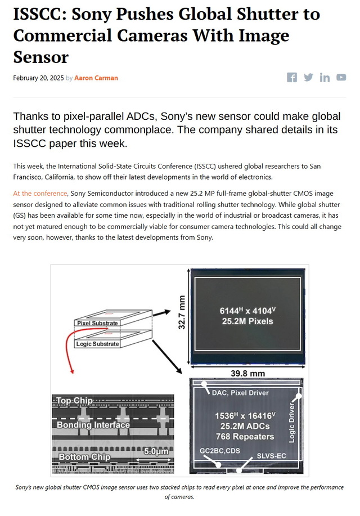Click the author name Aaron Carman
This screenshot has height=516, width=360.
tap(96, 78)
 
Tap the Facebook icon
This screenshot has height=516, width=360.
tap(292, 77)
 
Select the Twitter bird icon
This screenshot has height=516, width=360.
tap(308, 77)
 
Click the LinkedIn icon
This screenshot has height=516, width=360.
tap(325, 77)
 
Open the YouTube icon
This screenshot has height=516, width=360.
tap(341, 77)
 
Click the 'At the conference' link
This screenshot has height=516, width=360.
tap(40, 194)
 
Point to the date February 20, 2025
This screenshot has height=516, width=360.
tap(38, 78)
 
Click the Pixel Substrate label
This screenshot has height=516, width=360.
tap(97, 323)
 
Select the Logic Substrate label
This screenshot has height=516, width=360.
tap(97, 344)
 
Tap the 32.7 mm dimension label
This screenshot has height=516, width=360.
tap(182, 312)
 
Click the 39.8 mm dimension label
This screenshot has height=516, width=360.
tap(248, 374)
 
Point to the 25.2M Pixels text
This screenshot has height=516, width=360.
tap(247, 321)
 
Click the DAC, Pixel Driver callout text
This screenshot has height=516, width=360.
tap(240, 393)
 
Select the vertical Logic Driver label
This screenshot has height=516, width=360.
tap(291, 423)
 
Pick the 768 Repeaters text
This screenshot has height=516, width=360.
tap(245, 437)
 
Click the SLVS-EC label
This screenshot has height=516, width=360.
tap(272, 456)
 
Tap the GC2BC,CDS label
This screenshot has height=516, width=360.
tap(220, 451)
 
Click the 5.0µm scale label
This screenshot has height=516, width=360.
tap(156, 451)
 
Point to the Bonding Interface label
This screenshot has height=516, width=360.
tap(93, 425)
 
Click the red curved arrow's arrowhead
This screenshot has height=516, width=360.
tap(72, 371)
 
